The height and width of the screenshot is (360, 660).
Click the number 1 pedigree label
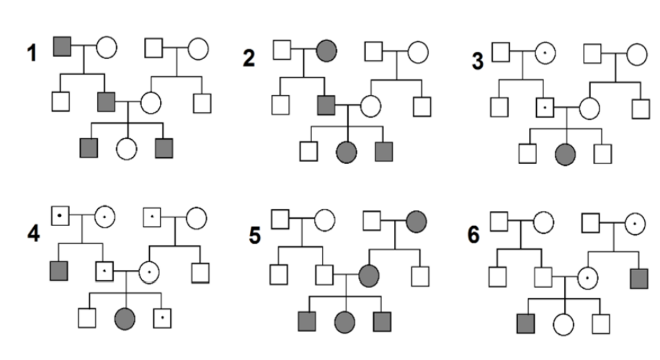click(31, 53)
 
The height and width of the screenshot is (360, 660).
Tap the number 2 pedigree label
click(249, 58)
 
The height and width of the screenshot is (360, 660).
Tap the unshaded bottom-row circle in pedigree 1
click(127, 149)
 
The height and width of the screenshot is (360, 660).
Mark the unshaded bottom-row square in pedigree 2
click(309, 152)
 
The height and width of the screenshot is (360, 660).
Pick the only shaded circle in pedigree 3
click(566, 153)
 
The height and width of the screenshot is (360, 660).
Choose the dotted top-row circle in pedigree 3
click(545, 53)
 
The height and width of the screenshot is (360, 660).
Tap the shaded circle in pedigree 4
click(125, 316)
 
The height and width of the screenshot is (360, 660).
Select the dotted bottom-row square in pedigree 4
click(162, 316)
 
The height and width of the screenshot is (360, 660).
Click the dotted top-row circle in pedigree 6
click(635, 223)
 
